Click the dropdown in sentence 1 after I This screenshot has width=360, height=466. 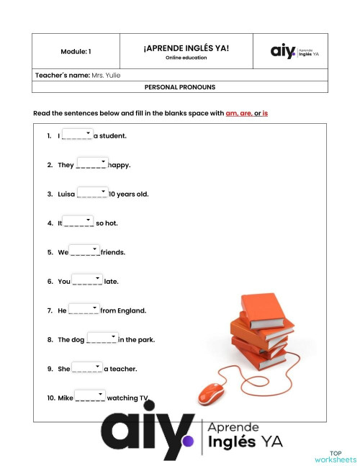(78, 135)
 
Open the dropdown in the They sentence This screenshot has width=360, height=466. (91, 163)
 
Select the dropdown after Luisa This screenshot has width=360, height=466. (92, 193)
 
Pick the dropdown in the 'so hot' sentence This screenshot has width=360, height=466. (78, 222)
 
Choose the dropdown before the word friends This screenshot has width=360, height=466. (85, 251)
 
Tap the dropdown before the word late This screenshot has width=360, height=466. (87, 280)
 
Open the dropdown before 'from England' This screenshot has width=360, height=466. (84, 310)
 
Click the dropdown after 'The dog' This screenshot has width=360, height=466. (102, 339)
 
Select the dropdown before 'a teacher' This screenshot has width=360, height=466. (87, 368)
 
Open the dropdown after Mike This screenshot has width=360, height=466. (91, 396)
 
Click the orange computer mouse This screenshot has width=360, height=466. (212, 393)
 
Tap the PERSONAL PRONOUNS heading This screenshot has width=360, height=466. (179, 87)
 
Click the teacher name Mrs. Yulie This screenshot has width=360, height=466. (107, 75)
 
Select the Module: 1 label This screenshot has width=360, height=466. (76, 52)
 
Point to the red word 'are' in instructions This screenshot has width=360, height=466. (246, 114)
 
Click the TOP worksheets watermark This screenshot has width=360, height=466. (336, 457)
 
